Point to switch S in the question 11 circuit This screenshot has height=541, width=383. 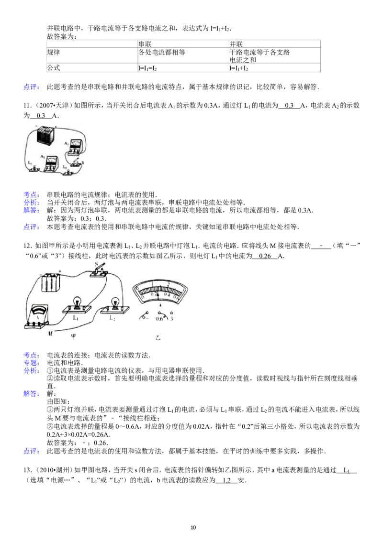(78, 163)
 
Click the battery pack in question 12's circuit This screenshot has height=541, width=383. (51, 282)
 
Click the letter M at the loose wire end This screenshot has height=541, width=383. (50, 334)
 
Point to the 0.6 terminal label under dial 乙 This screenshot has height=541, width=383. (159, 319)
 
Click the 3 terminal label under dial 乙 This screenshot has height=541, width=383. (172, 319)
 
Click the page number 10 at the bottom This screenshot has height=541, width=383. (193, 527)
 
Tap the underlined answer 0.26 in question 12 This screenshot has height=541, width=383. (265, 256)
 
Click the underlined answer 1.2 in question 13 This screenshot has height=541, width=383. (227, 480)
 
